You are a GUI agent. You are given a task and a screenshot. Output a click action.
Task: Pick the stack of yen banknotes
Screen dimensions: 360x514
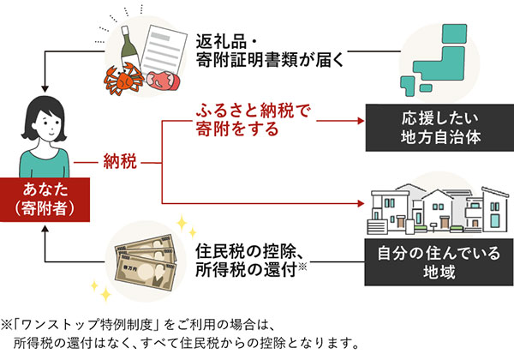140,254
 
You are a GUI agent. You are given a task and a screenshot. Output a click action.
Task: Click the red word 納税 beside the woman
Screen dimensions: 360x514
120,160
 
